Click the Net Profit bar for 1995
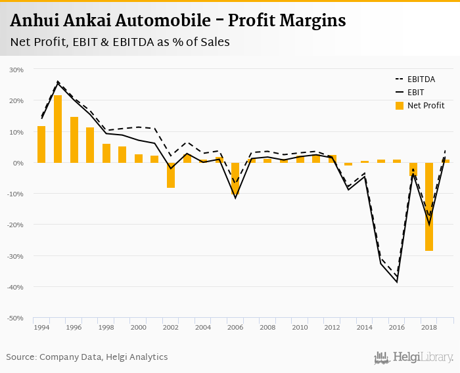pyautogui.click(x=58, y=129)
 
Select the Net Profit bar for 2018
pyautogui.click(x=428, y=206)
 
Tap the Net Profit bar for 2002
pyautogui.click(x=171, y=175)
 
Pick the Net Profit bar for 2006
pyautogui.click(x=235, y=178)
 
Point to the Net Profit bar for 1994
pyautogui.click(x=41, y=144)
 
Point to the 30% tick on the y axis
pyautogui.click(x=16, y=70)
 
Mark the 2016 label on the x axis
pyautogui.click(x=396, y=327)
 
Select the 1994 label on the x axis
pyautogui.click(x=41, y=327)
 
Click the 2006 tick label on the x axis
pyautogui.click(x=235, y=327)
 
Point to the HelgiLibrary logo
pyautogui.click(x=413, y=357)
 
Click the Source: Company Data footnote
pyautogui.click(x=87, y=357)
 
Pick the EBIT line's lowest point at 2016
pyautogui.click(x=396, y=282)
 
